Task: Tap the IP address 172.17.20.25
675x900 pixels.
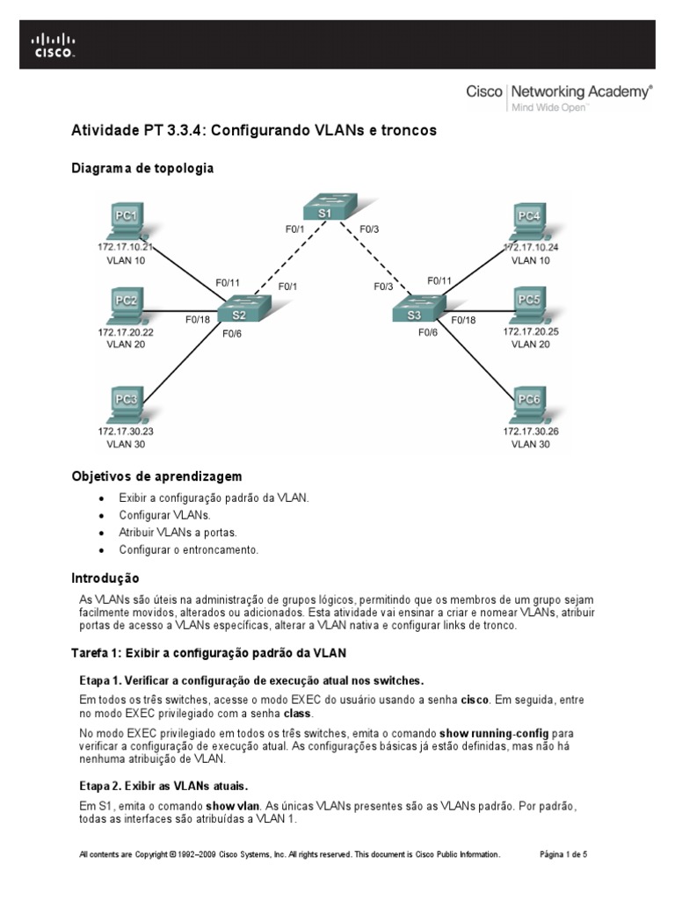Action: [x=530, y=332]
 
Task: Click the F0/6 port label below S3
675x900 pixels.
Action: [x=428, y=333]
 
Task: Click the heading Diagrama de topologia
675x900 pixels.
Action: [x=142, y=167]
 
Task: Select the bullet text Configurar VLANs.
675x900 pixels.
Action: [x=165, y=515]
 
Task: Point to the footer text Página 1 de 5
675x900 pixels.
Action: [x=562, y=853]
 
